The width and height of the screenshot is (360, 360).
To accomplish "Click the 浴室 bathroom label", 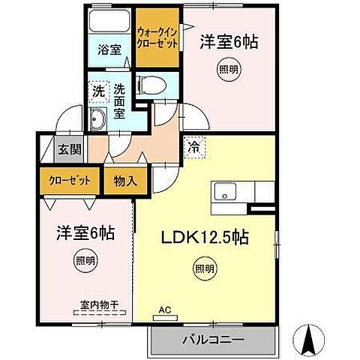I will [x=110, y=51].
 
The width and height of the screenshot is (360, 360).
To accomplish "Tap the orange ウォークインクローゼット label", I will [x=157, y=37].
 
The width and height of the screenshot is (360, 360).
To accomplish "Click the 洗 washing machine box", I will [x=98, y=91].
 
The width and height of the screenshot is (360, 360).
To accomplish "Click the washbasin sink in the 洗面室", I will [x=97, y=118].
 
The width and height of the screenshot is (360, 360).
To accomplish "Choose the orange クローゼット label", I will [x=70, y=181].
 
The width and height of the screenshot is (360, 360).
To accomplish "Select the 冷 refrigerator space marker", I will [x=194, y=147].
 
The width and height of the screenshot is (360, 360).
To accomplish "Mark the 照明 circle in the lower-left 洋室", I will [x=85, y=262].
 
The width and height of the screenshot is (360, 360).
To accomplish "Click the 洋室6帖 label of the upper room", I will [x=228, y=43].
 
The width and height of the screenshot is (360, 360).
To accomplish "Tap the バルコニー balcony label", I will [x=214, y=340].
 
